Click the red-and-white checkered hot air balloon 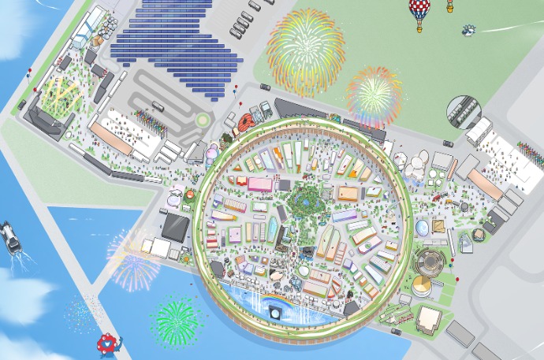(419, 11)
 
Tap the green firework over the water (175, 319)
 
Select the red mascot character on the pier (107, 343)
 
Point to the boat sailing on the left (11, 236)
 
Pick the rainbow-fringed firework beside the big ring (374, 95)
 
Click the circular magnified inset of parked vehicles (462, 112)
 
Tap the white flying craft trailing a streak (471, 30)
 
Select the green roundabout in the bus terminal (204, 121)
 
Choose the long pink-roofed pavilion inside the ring (259, 184)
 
